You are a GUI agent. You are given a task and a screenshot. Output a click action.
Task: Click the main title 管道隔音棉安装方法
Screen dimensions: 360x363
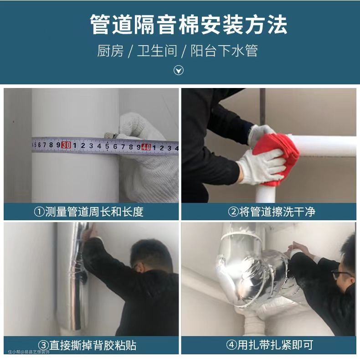[x=189, y=24]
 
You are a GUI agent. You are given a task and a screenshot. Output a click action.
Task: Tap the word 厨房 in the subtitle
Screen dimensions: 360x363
[x=110, y=51]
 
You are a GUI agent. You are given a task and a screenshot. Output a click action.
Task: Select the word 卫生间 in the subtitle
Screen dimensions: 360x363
[x=157, y=51]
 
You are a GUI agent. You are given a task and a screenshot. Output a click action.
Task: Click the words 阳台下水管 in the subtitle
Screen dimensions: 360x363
[x=224, y=51]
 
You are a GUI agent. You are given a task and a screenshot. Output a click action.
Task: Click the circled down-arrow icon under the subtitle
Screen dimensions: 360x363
[x=179, y=70]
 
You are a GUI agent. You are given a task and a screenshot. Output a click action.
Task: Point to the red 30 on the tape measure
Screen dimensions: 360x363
[x=66, y=145]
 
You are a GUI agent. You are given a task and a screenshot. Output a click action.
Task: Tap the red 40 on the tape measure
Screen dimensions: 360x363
[x=146, y=147]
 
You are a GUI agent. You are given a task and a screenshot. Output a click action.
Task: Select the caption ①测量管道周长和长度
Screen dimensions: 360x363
[x=89, y=212]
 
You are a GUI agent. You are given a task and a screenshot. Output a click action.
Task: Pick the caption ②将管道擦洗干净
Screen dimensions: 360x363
[x=272, y=212]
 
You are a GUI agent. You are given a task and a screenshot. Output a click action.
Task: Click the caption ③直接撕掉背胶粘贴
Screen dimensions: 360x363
[x=87, y=345]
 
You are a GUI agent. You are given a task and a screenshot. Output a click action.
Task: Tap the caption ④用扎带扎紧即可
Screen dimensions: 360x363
[x=270, y=345]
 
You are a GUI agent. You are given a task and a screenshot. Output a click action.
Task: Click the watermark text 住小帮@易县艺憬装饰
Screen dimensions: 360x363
[x=29, y=352]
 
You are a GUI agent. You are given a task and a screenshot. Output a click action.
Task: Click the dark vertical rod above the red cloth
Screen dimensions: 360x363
[x=262, y=107]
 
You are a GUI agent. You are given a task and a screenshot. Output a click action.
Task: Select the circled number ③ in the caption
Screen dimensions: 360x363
[x=43, y=345]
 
